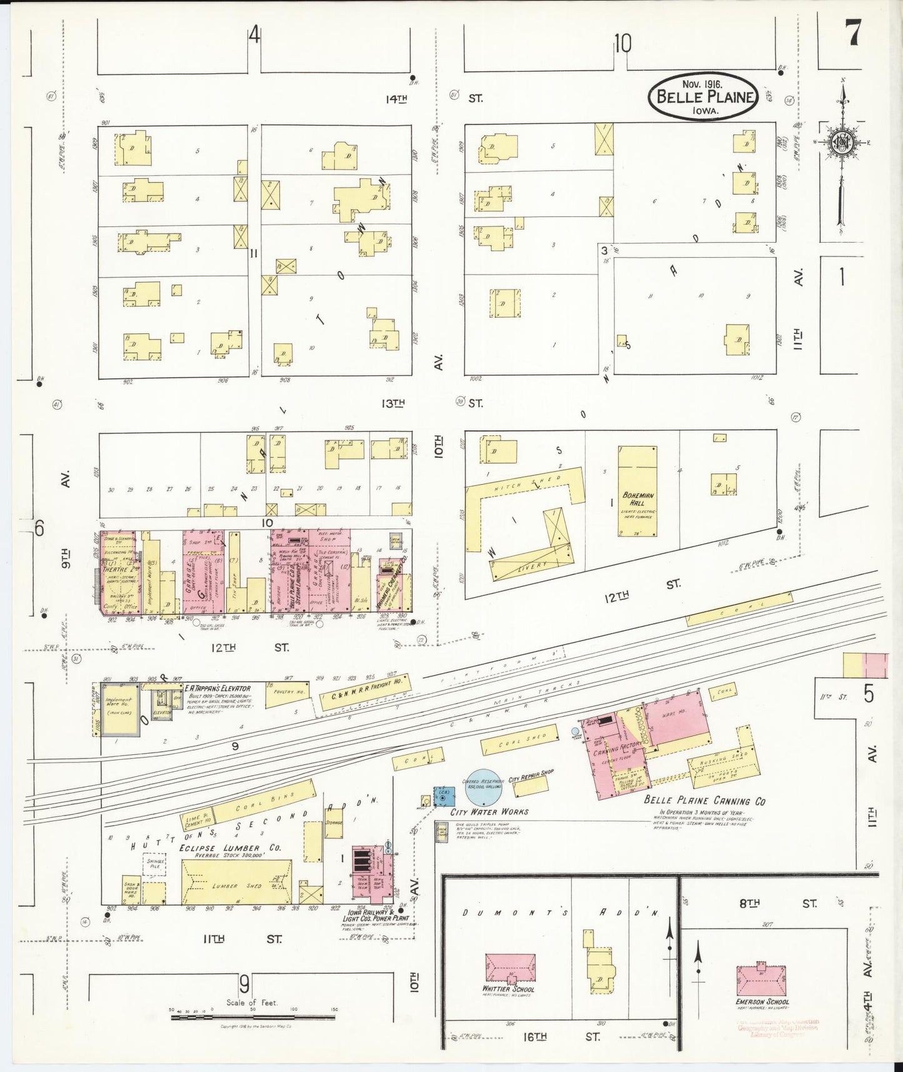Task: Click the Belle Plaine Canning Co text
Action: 704,801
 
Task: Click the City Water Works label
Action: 489,812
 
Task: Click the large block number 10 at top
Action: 622,44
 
